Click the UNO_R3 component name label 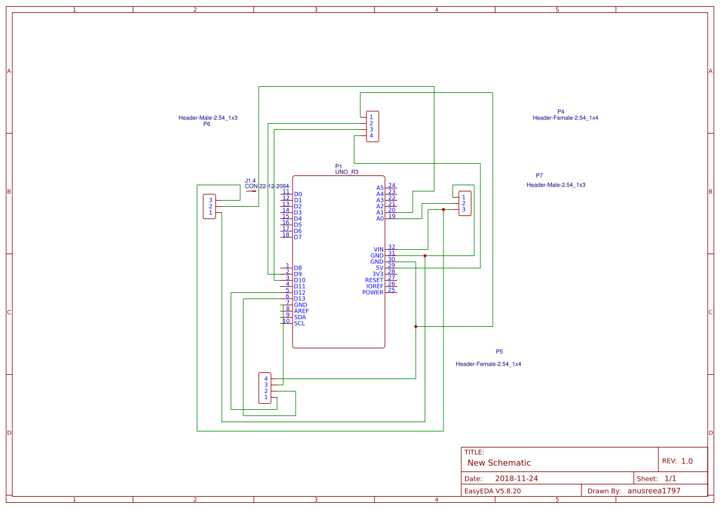pyautogui.click(x=347, y=172)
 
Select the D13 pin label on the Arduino pyautogui.click(x=299, y=299)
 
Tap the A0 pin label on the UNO pyautogui.click(x=380, y=218)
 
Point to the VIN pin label pyautogui.click(x=378, y=249)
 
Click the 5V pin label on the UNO pyautogui.click(x=379, y=268)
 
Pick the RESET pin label pyautogui.click(x=374, y=280)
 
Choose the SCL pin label pyautogui.click(x=299, y=323)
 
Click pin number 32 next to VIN pyautogui.click(x=392, y=247)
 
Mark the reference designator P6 pyautogui.click(x=207, y=124)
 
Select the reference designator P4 pyautogui.click(x=560, y=111)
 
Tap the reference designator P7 pyautogui.click(x=539, y=175)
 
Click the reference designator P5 pyautogui.click(x=499, y=351)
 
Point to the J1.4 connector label pyautogui.click(x=250, y=180)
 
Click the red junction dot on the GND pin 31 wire pyautogui.click(x=425, y=255)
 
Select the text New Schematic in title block pyautogui.click(x=499, y=463)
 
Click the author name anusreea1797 pyautogui.click(x=653, y=491)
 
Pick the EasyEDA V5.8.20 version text pyautogui.click(x=492, y=491)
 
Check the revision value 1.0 pyautogui.click(x=687, y=460)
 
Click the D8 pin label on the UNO pyautogui.click(x=298, y=268)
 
